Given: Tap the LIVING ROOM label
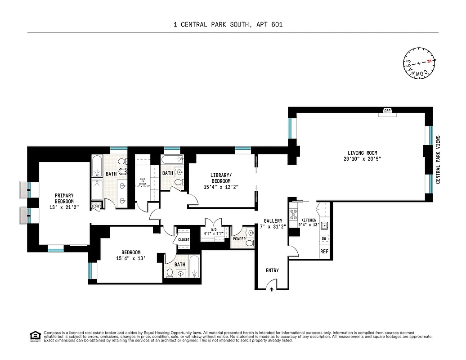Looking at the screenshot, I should tap(362, 153).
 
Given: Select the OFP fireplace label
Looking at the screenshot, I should tap(387, 111).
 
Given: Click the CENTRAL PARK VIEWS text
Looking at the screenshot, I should tap(438, 159).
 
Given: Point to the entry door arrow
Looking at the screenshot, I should tap(272, 290).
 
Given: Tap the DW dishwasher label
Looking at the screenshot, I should tap(323, 238).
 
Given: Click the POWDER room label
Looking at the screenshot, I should tap(239, 239).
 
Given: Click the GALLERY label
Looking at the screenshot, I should tap(273, 221).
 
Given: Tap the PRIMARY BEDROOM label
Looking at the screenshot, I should tap(64, 198).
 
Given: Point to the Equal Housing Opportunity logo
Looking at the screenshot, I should tap(34, 336).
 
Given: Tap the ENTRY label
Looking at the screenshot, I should tap(272, 270).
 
